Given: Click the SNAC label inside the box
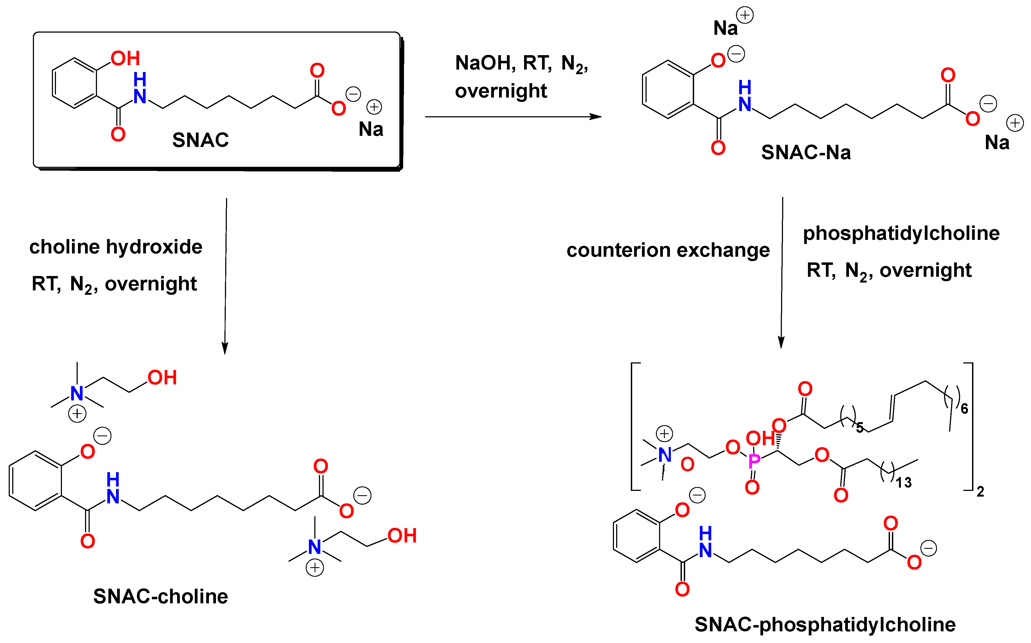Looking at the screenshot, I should (x=200, y=140).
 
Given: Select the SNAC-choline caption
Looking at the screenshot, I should (x=160, y=596).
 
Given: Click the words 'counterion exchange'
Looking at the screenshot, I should (x=668, y=250).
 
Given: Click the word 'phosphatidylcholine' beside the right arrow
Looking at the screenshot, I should (x=901, y=233).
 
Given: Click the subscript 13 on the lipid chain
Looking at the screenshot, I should (x=903, y=483).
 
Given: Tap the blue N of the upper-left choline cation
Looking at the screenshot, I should (x=77, y=393).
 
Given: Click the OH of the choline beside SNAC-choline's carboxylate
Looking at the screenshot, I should (x=402, y=536).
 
